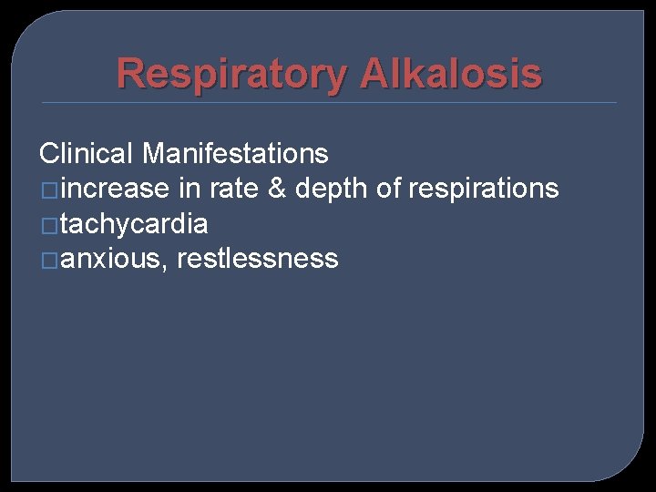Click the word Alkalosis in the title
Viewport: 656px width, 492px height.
(451, 74)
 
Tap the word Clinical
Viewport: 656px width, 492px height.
(87, 153)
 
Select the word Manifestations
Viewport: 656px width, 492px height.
(235, 153)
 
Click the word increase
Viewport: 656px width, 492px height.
(116, 189)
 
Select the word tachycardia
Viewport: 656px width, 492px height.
(135, 223)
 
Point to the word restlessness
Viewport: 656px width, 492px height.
(258, 259)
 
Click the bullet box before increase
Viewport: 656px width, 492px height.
(50, 190)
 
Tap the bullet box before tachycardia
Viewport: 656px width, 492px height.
(50, 225)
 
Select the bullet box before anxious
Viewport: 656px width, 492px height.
(50, 261)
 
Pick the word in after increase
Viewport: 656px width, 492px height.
(190, 189)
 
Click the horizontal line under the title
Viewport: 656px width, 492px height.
(328, 102)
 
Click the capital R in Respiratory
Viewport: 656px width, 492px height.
(132, 74)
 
